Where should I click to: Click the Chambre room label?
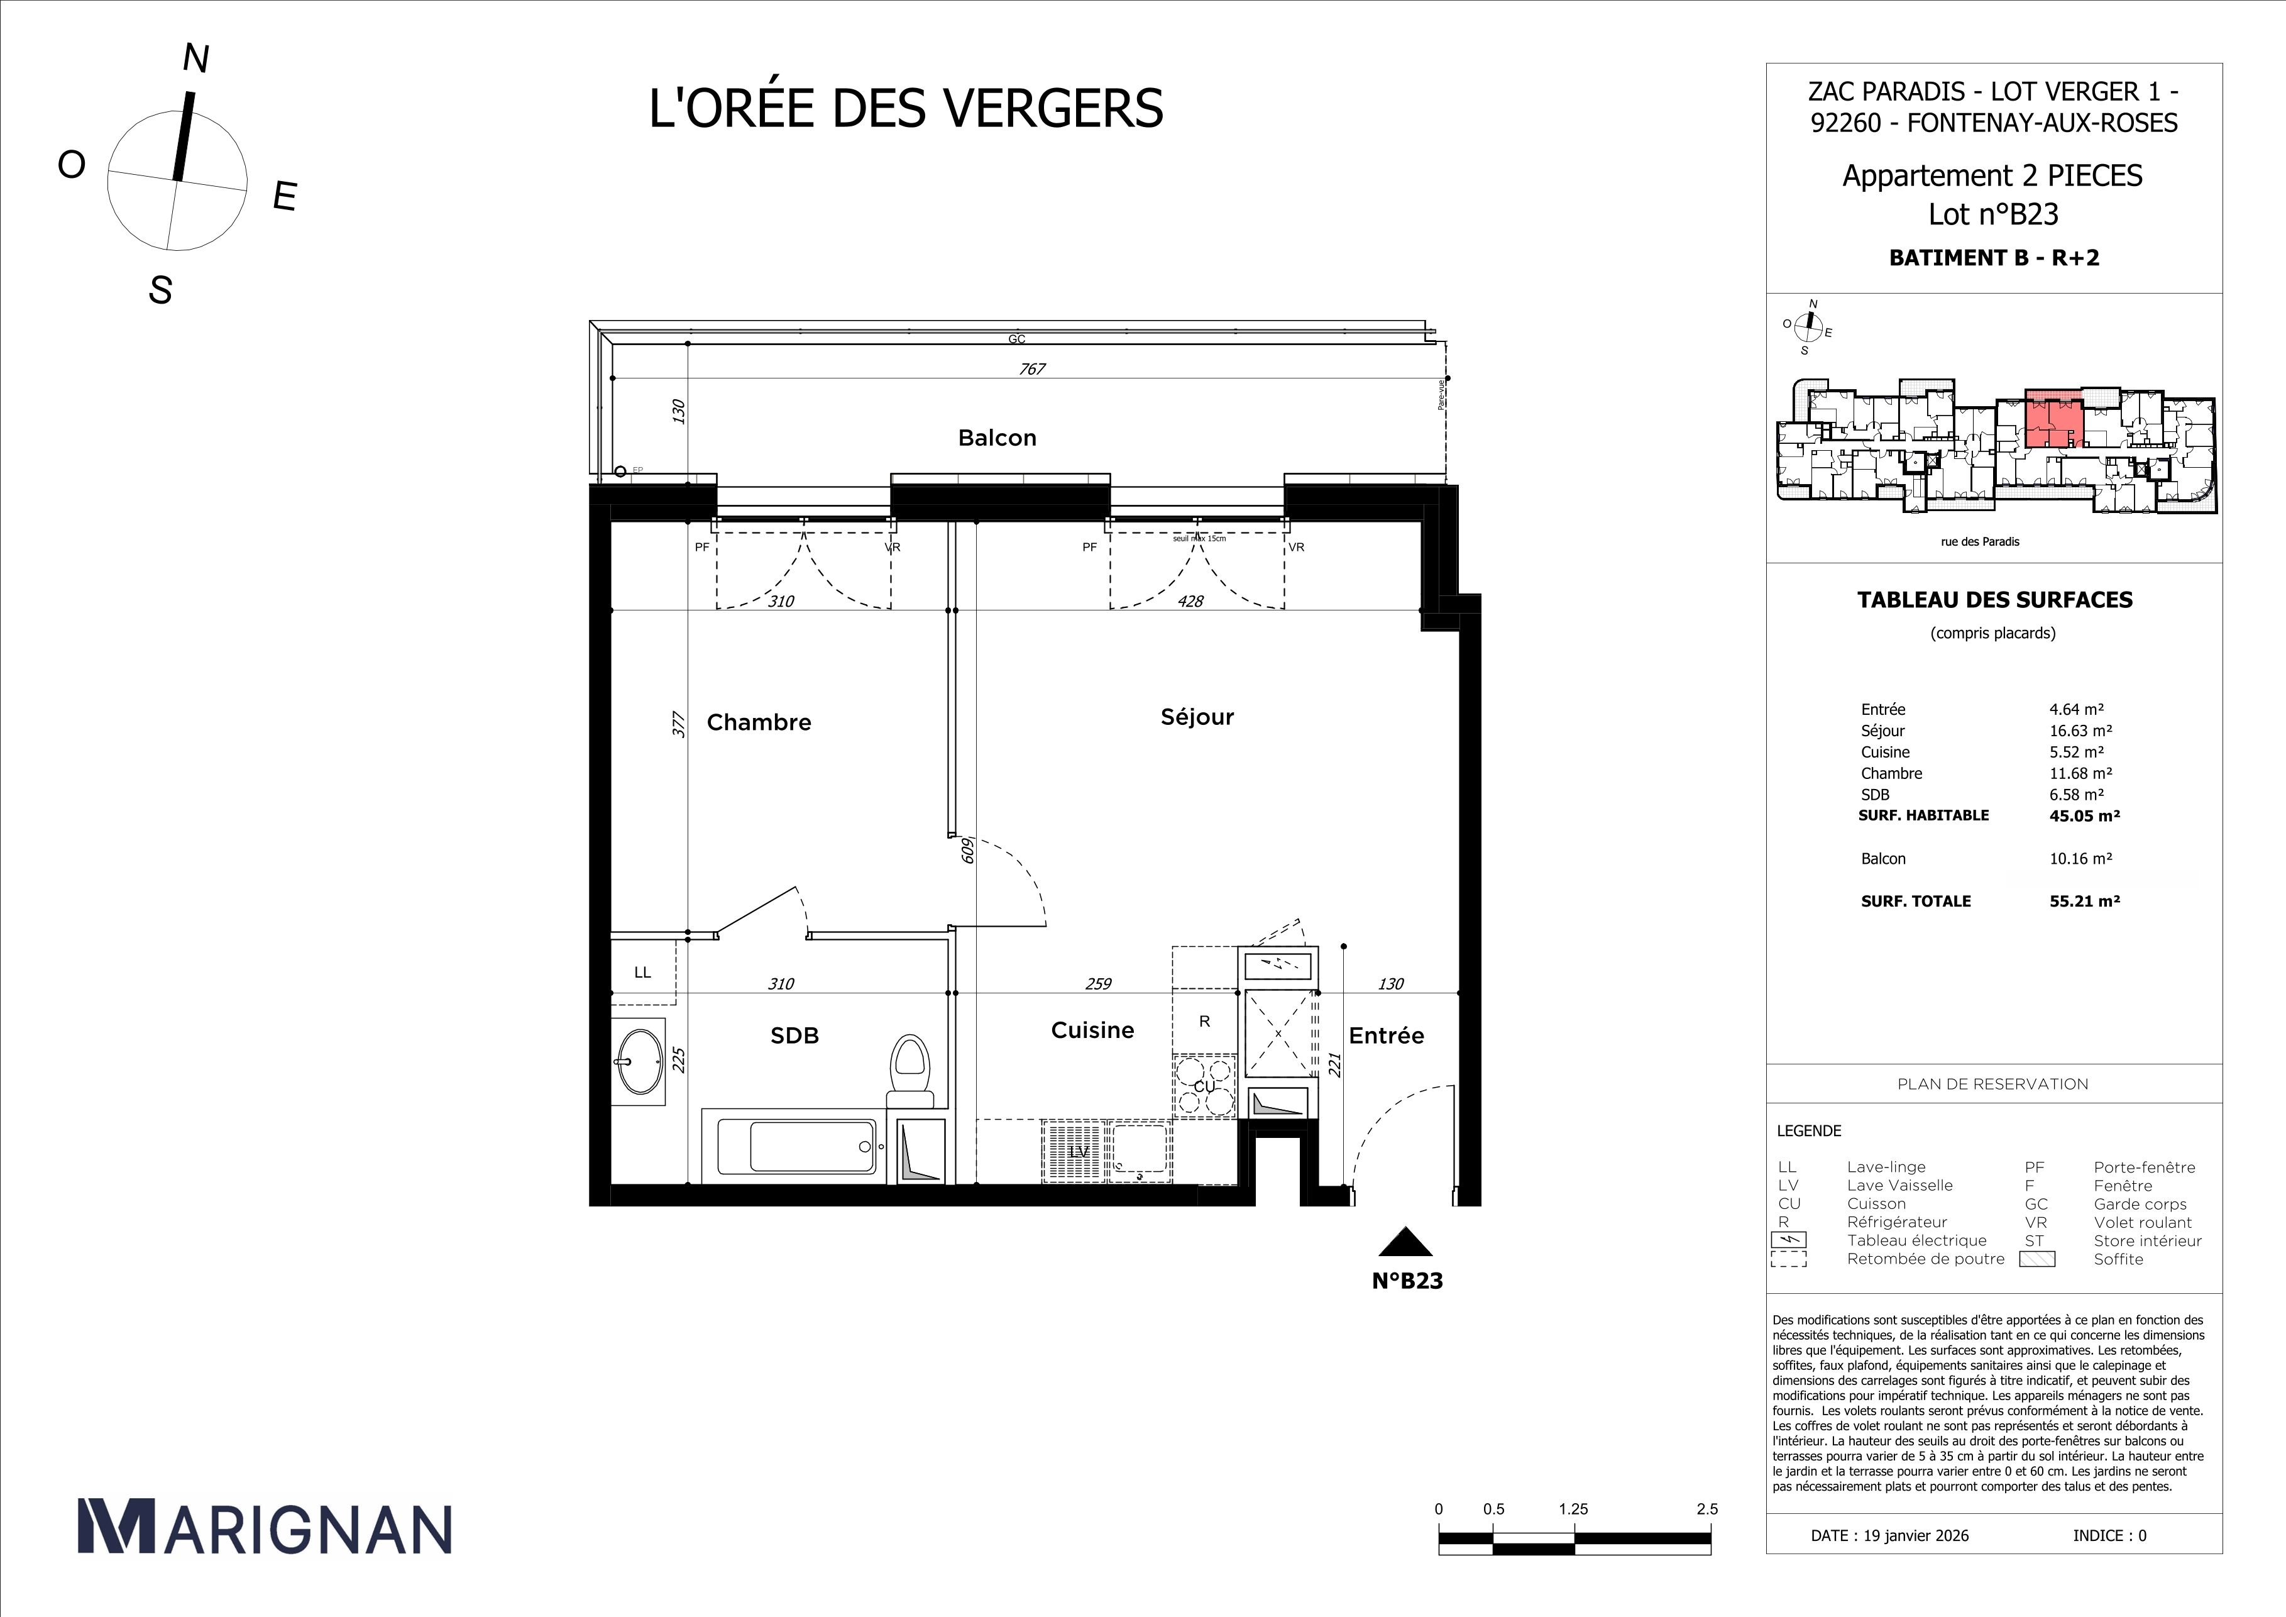(759, 722)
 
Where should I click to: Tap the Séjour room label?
(1197, 717)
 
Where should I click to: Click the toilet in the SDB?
(908, 1071)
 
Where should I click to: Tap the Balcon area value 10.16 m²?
(2080, 858)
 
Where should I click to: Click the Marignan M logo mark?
(116, 1526)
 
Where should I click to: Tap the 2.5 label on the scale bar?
(1706, 1508)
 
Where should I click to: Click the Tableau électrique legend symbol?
(1789, 1240)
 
